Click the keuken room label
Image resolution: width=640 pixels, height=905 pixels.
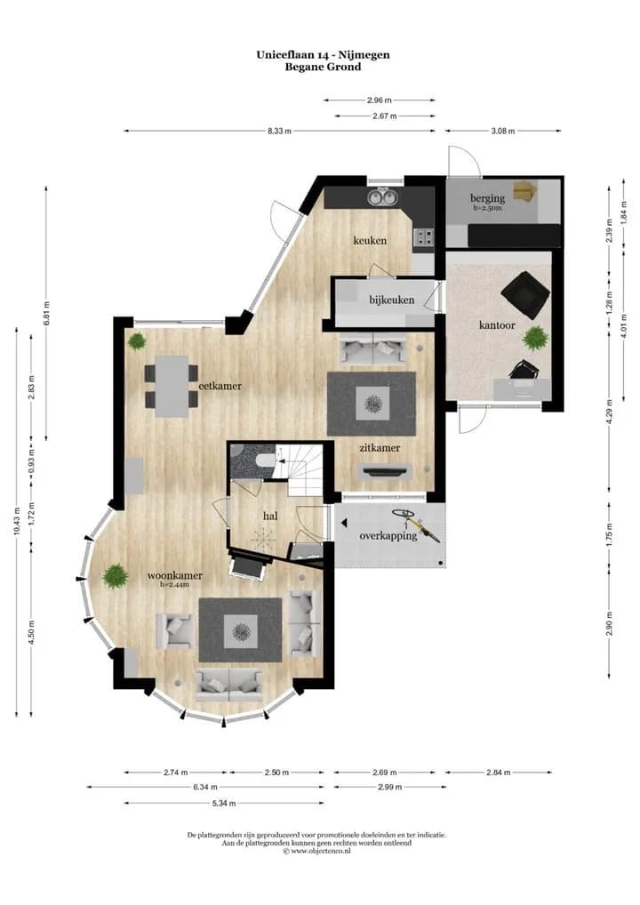coord(370,240)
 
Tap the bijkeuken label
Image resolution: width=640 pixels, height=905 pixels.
coord(392,300)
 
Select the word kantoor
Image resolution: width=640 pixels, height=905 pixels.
coord(497,325)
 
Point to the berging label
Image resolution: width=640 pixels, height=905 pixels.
coord(488,198)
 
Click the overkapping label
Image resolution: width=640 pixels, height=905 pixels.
coord(388,535)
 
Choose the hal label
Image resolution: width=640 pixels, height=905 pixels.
coord(270,516)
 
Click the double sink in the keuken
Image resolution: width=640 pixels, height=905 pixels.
coord(382,198)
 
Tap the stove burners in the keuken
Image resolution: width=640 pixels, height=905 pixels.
coord(425,237)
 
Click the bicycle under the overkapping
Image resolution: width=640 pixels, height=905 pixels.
coord(415,525)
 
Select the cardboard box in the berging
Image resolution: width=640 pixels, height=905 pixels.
coord(525,191)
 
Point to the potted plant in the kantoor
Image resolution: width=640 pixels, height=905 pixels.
coord(535,338)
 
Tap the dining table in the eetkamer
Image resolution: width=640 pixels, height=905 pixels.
coord(172,386)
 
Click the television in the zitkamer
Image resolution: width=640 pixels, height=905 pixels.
coord(385,471)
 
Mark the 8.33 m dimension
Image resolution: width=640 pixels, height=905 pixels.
coord(279,131)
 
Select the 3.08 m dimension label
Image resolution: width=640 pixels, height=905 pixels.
coord(502,131)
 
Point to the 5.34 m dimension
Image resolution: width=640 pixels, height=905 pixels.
coord(224,803)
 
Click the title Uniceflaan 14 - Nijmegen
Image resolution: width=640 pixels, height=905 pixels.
coord(324,55)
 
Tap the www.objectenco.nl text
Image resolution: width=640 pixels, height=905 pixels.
coord(320,851)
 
